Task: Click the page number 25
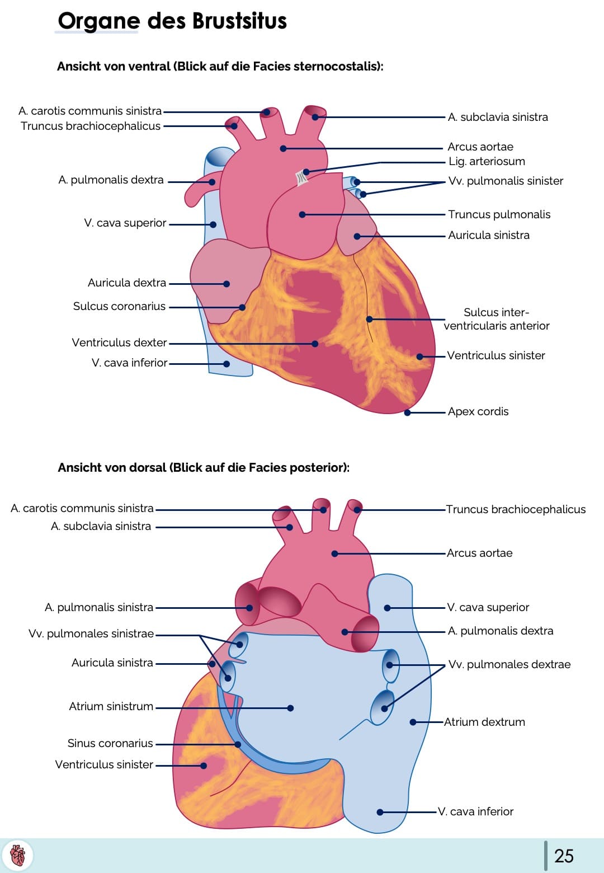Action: coord(564,856)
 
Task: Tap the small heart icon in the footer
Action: coord(18,855)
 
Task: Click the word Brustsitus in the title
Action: coord(239,21)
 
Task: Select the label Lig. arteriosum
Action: coord(487,162)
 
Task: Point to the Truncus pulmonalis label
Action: coord(499,215)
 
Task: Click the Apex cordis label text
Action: coord(478,412)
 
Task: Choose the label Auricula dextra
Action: coord(127,283)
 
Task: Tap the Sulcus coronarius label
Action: coord(119,307)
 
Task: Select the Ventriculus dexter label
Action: coord(119,342)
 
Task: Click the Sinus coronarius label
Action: coord(110,744)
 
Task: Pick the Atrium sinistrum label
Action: coord(111,707)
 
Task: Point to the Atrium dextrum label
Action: coord(484,722)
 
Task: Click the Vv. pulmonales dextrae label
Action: coord(509,665)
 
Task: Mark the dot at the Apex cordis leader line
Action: coord(408,413)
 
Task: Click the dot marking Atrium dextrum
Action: coord(413,722)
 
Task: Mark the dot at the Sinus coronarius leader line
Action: coord(238,744)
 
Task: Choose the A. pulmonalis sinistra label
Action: coord(99,608)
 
